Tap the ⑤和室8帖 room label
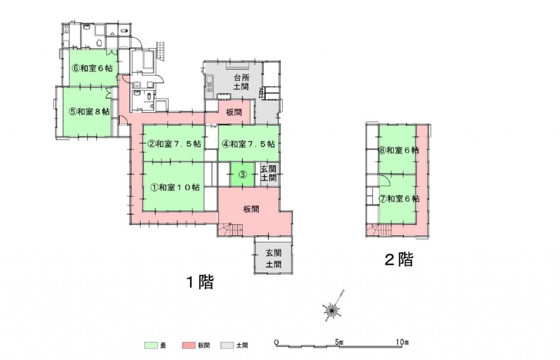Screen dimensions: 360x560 [89, 111]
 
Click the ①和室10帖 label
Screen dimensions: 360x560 [174, 187]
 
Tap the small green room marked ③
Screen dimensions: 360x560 [241, 175]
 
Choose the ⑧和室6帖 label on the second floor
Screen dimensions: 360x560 [398, 150]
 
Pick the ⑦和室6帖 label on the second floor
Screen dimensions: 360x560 [398, 199]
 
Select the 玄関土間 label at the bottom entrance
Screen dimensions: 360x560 [273, 259]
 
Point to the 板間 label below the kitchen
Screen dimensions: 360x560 [234, 112]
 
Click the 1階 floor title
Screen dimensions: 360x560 [199, 282]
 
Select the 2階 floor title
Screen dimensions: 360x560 [399, 260]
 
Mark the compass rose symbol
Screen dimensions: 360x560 [331, 311]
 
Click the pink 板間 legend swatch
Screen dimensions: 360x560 [189, 346]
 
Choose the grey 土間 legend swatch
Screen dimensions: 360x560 [227, 346]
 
